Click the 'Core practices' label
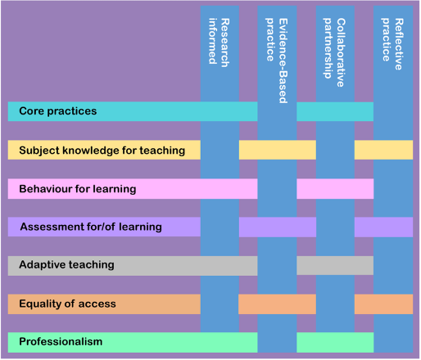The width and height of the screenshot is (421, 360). coord(58,111)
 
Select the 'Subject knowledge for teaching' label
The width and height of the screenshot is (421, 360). coord(102,151)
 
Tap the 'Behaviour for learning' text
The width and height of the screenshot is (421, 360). coord(78,189)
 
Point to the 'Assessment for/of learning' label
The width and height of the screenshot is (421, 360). coord(91,227)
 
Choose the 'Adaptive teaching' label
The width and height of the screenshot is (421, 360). coord(66,265)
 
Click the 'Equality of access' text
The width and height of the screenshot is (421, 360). coord(67,304)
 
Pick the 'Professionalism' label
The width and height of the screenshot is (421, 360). coord(61,342)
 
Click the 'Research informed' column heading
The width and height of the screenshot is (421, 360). coord(219,43)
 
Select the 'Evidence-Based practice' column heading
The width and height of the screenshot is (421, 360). coord(277,61)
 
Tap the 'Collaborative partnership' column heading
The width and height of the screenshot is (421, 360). coord(334,52)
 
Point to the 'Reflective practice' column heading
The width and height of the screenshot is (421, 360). coord(392,44)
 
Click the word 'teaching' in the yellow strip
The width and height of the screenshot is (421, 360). coord(162,151)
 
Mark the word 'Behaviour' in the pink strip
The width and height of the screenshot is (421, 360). coord(46,189)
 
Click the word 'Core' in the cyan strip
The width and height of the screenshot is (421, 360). coord(31,111)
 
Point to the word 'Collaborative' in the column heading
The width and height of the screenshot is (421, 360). coord(341,52)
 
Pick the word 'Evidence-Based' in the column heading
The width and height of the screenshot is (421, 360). coord(283,61)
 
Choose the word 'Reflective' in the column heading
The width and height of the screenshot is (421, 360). coord(399,44)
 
